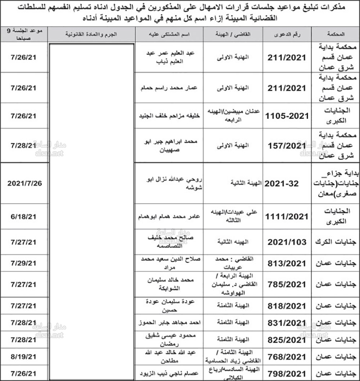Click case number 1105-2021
click(287, 116)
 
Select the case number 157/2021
click(287, 145)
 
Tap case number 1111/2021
click(287, 216)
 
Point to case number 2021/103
click(287, 242)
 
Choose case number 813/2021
click(287, 263)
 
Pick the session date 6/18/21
click(24, 216)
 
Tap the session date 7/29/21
click(24, 263)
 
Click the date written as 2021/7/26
click(24, 183)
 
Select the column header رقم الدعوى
click(287, 34)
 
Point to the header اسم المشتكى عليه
click(170, 34)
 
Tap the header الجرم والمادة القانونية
click(92, 34)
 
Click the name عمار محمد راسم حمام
click(170, 88)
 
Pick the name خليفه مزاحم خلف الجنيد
click(170, 116)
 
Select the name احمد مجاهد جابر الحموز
click(170, 323)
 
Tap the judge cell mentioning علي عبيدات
click(233, 216)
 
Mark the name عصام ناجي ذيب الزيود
click(170, 373)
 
